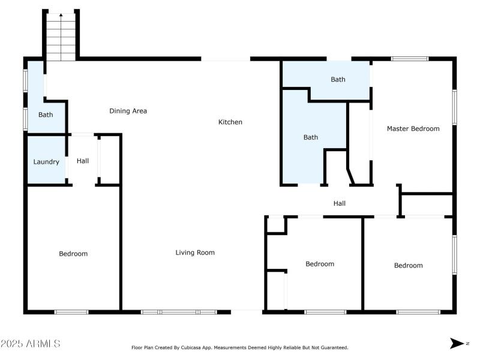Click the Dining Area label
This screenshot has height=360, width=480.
(x=128, y=111)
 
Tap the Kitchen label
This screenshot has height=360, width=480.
(x=230, y=122)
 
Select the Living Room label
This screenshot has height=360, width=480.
(x=195, y=253)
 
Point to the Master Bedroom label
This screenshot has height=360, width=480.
(x=413, y=128)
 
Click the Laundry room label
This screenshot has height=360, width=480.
(x=46, y=162)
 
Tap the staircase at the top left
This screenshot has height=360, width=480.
(x=61, y=37)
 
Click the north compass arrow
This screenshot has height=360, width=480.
(x=458, y=343)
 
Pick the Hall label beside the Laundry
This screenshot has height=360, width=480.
(x=83, y=161)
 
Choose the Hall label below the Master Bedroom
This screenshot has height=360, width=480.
(x=340, y=203)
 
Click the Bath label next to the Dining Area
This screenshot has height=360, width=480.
(x=46, y=115)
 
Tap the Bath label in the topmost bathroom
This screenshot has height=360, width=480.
(x=338, y=79)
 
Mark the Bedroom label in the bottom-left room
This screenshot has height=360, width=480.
(x=73, y=254)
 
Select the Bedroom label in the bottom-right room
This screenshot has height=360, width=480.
(x=408, y=265)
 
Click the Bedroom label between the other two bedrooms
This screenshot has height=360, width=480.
(x=320, y=264)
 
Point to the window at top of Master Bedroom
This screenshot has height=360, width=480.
(x=410, y=59)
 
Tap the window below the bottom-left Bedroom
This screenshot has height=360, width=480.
(x=71, y=312)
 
